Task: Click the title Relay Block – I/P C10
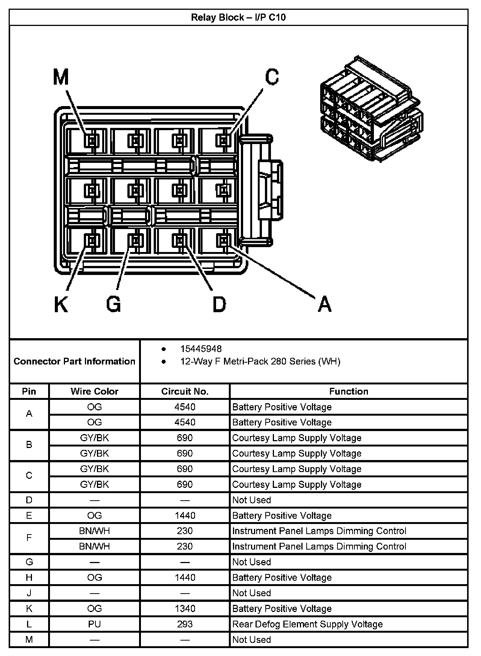click(238, 17)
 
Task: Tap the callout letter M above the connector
click(61, 77)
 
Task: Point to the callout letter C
click(272, 77)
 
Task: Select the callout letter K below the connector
click(61, 304)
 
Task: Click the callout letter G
click(113, 304)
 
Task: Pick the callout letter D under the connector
click(219, 304)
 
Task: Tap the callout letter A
click(325, 304)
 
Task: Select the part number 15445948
click(201, 349)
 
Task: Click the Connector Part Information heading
click(74, 361)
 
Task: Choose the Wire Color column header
click(94, 392)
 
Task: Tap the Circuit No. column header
click(185, 392)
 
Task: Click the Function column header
click(348, 392)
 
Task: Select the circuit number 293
click(185, 624)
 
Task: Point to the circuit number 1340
click(185, 609)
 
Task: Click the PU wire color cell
click(94, 624)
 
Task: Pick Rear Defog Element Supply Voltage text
click(307, 624)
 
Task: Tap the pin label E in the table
click(29, 515)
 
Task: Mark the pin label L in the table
click(29, 624)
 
